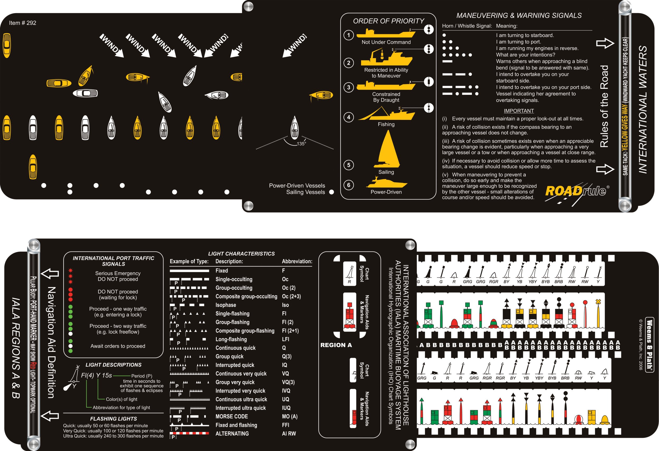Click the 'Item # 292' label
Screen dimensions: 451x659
[22, 23]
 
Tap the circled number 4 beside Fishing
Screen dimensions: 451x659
[348, 117]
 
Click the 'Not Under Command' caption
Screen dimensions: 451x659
[386, 42]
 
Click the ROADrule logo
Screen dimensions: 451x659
[576, 191]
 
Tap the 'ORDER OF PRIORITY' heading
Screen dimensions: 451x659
[389, 21]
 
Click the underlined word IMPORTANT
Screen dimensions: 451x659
[519, 111]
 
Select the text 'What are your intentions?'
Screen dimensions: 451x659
[525, 55]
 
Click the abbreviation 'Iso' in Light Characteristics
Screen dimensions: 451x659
[285, 305]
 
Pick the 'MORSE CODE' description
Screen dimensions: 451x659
[231, 416]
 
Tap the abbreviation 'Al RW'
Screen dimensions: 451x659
[289, 433]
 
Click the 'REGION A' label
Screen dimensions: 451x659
[336, 345]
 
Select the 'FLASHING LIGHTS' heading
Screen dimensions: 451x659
[113, 419]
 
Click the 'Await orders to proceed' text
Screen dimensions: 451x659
[118, 346]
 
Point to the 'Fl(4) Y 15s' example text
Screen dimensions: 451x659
[96, 375]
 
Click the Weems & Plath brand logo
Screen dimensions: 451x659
[649, 344]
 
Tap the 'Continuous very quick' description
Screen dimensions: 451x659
[241, 374]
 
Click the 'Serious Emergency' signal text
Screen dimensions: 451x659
[118, 273]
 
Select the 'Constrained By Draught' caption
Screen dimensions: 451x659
[386, 97]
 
